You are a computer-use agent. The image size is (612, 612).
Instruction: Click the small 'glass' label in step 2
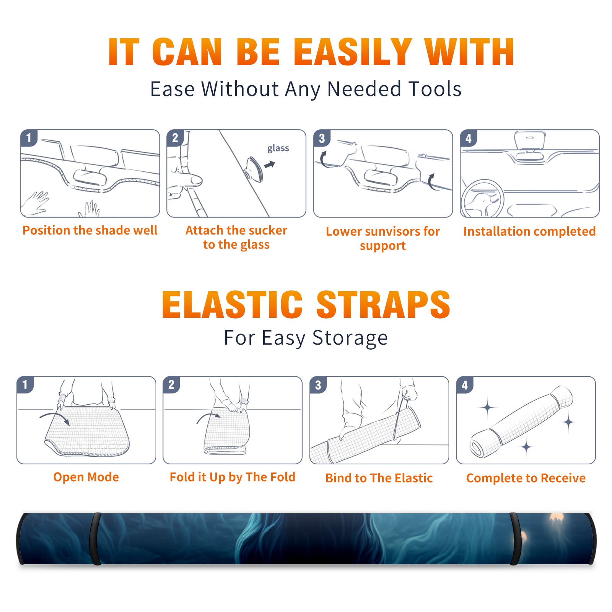[278, 148]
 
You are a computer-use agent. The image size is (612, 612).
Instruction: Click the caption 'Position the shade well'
[90, 230]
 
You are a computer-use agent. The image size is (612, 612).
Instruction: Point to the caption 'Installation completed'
[529, 231]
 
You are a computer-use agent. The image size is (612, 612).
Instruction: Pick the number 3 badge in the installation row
[322, 138]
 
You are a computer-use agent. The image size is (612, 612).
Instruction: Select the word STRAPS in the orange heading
[383, 304]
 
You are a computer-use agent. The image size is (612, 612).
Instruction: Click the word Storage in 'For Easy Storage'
[350, 338]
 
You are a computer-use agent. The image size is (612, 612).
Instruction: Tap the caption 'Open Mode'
[86, 477]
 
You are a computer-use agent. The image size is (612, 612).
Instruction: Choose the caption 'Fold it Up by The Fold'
[233, 477]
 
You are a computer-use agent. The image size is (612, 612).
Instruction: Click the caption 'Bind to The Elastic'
[379, 478]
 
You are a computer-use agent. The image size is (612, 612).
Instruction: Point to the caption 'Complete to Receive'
[526, 478]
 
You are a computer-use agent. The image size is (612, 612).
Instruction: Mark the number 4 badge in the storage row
[465, 385]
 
